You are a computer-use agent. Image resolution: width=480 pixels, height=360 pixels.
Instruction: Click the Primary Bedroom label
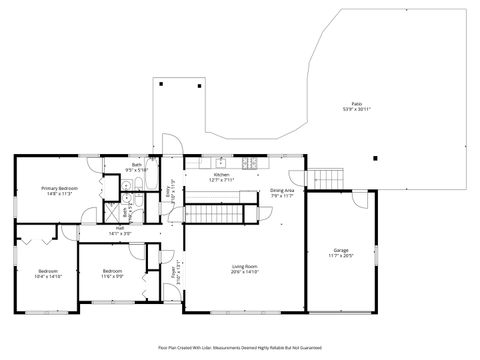pyautogui.click(x=60, y=188)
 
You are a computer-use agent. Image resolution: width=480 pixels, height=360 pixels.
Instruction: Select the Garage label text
pyautogui.click(x=341, y=250)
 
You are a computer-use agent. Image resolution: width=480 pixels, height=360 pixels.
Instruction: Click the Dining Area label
pyautogui.click(x=282, y=190)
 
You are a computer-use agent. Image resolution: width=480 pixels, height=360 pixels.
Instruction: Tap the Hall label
pyautogui.click(x=119, y=227)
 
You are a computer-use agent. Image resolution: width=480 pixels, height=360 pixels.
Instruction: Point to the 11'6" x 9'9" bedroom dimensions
pyautogui.click(x=112, y=277)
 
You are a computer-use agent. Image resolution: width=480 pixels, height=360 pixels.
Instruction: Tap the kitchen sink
pyautogui.click(x=221, y=162)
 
